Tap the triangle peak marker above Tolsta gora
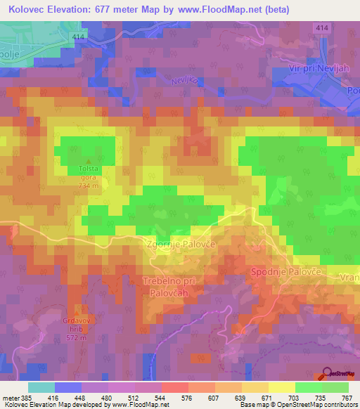click(89, 161)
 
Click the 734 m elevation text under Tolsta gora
click(89, 186)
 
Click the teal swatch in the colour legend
click(41, 387)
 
